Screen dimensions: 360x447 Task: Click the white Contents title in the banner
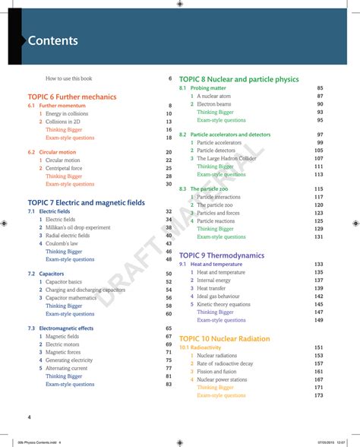click(52, 41)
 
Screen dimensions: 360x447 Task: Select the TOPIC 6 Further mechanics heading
click(72, 97)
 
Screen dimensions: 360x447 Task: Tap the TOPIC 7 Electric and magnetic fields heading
click(86, 202)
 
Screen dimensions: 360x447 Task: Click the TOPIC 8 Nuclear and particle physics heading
click(239, 79)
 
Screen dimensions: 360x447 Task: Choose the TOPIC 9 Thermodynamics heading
click(222, 255)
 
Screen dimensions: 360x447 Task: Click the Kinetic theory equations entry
click(223, 304)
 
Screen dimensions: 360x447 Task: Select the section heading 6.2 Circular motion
click(52, 152)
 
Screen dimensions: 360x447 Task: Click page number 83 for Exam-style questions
click(169, 384)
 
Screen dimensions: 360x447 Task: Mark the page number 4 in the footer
click(29, 417)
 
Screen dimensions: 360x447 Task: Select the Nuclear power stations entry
click(222, 379)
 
